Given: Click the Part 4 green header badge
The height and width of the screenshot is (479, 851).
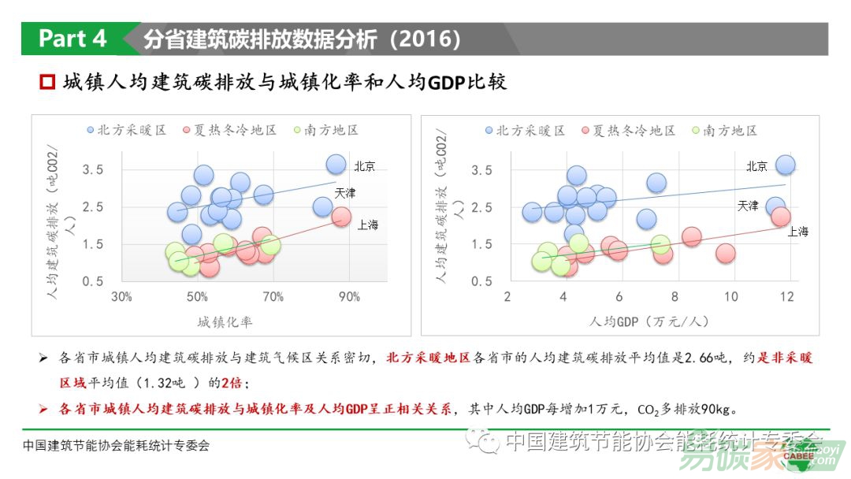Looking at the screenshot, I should pos(72,39).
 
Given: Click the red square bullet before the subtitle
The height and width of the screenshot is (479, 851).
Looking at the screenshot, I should pos(47,82).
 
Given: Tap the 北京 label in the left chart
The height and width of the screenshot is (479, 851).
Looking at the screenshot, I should pos(364,166).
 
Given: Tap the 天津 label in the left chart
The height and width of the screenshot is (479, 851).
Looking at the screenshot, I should pos(345,193).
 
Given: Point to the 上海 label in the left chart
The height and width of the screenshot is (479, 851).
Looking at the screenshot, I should pos(368,225).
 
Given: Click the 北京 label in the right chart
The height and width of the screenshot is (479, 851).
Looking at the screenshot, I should pos(756,166).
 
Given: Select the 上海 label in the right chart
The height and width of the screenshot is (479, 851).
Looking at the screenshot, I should pos(797,232).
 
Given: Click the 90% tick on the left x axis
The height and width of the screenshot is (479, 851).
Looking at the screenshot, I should pos(349,297).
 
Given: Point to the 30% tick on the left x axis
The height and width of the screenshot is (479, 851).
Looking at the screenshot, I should pos(121,297).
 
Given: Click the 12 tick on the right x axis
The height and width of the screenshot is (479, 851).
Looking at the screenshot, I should pos(786,296).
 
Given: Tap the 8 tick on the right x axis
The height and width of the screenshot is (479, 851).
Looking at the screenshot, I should pos(674,296).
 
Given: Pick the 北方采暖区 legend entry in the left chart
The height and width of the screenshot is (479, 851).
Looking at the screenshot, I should pos(126,130).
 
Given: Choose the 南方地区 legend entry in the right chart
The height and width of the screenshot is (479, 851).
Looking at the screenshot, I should pos(724,130).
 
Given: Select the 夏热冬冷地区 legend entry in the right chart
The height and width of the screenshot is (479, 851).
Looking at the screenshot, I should pos(627,130).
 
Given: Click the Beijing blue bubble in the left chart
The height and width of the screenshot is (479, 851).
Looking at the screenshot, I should pos(336,165).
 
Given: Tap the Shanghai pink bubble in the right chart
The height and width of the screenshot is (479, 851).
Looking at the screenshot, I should pos(781,216).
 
